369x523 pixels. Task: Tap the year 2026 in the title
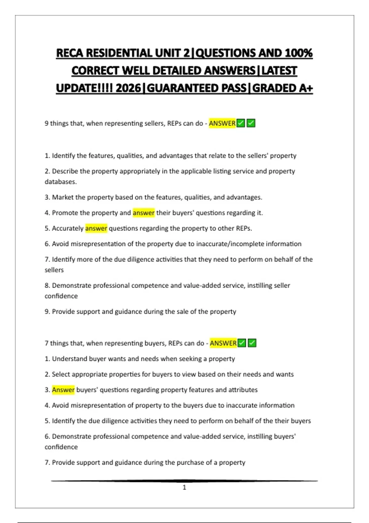(x=128, y=88)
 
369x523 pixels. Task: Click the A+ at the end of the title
(x=306, y=88)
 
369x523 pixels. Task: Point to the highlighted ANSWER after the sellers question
(x=222, y=123)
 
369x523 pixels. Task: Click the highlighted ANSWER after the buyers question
(x=223, y=343)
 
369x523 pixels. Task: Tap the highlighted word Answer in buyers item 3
(x=63, y=390)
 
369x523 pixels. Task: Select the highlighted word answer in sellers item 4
(x=144, y=213)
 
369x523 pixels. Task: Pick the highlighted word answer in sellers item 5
(x=96, y=228)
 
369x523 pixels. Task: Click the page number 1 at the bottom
(x=184, y=487)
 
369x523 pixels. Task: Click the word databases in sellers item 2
(x=60, y=182)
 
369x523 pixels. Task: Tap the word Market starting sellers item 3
(x=63, y=197)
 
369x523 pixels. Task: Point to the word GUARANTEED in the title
(x=197, y=88)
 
